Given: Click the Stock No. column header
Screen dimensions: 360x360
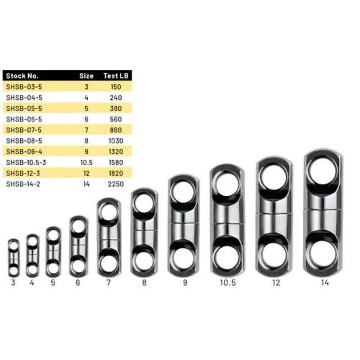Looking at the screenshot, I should [x=22, y=76].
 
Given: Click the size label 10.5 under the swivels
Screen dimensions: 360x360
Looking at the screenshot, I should [x=227, y=283].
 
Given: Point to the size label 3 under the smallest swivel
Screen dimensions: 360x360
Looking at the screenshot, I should [x=13, y=283].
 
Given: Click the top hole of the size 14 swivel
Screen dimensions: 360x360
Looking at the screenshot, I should [x=323, y=170].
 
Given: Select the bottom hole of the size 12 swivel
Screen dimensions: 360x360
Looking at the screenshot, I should [x=274, y=254].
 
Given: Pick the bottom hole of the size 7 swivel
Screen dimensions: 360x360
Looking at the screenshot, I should [x=109, y=263].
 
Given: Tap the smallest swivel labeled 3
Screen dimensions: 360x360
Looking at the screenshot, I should [x=13, y=257].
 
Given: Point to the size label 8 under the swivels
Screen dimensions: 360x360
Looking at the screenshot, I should [x=144, y=283].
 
